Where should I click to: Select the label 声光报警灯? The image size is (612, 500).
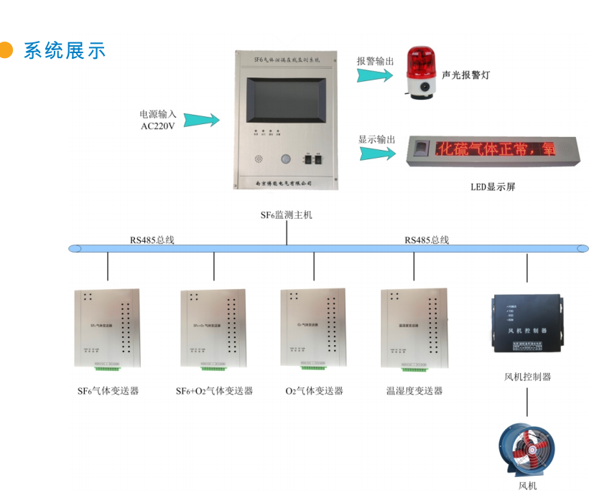point(466,75)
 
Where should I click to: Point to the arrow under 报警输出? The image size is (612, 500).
point(376,75)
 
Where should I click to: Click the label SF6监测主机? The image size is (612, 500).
point(287,214)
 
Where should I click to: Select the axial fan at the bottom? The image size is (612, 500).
point(527,449)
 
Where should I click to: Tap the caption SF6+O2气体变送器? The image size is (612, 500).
point(214,391)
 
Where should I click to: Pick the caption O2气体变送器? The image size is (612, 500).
point(315,391)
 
